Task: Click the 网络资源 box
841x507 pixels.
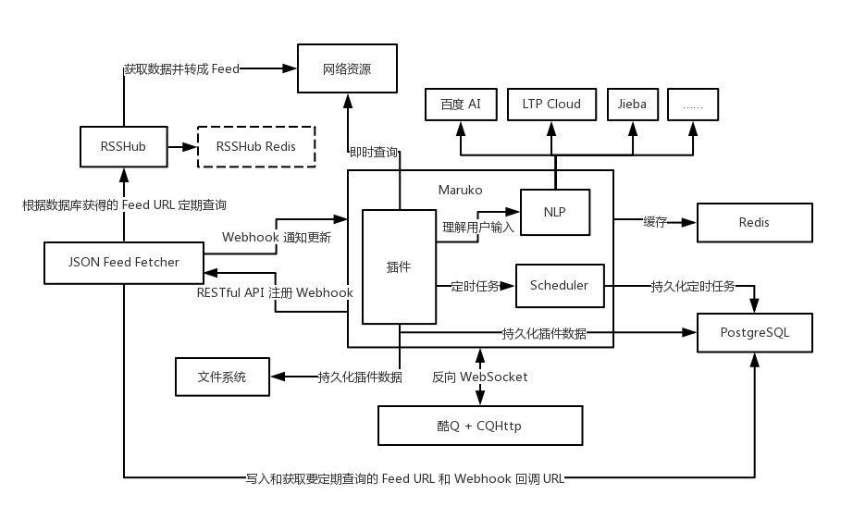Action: (347, 69)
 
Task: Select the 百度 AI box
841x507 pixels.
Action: (461, 105)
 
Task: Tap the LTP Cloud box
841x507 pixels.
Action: (551, 105)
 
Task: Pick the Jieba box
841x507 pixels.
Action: (632, 105)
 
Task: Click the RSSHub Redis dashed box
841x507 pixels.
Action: (256, 147)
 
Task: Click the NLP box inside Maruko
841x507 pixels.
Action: (554, 213)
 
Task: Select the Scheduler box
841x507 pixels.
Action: (559, 286)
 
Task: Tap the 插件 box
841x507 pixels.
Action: (399, 266)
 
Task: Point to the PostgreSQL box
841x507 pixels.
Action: (754, 333)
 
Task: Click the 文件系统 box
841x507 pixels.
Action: (222, 377)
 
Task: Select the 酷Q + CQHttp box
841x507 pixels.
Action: (479, 426)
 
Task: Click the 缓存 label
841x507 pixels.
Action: (655, 222)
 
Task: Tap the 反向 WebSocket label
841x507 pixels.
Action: (479, 377)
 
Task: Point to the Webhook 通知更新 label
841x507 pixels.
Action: (277, 237)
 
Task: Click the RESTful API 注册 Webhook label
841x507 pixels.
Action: (275, 292)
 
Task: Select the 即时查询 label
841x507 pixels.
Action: (374, 152)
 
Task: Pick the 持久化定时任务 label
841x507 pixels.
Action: (693, 287)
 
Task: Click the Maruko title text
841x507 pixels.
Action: (460, 190)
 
